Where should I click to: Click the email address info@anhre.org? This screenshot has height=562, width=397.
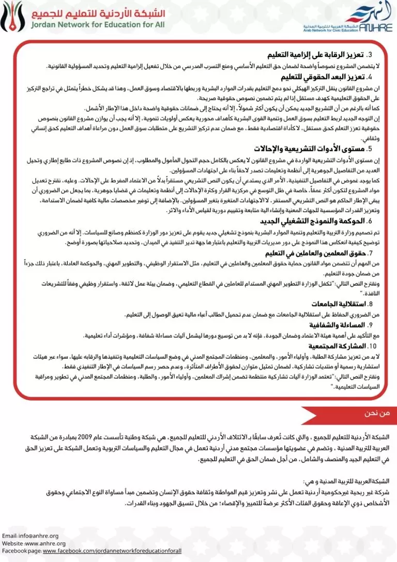[40, 536]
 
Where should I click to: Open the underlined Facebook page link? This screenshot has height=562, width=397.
[112, 551]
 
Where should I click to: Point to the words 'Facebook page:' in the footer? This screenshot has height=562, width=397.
[22, 551]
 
